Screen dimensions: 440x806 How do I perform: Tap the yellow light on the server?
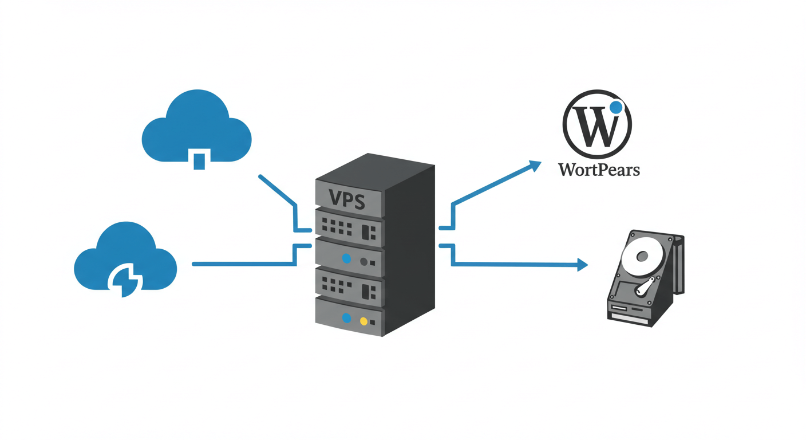tap(364, 321)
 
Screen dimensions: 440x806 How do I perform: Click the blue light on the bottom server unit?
tap(346, 318)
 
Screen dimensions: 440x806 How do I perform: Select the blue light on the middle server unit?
tap(346, 258)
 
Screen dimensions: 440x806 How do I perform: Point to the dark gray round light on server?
tap(364, 262)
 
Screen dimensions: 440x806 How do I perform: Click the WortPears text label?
tap(599, 170)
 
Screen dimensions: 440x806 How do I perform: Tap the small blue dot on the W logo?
tap(615, 107)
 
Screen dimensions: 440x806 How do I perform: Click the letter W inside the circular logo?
tap(595, 127)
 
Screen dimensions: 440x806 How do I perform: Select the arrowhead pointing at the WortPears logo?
tap(535, 166)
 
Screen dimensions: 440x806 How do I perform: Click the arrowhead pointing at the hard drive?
tap(582, 265)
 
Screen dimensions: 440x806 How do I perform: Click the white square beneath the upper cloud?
tap(199, 159)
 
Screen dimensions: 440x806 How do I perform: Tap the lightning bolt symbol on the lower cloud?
tap(124, 280)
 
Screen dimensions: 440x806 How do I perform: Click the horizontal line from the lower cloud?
tap(240, 264)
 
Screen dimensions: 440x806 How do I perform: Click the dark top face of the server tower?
tap(376, 168)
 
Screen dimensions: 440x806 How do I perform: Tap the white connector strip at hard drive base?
tap(629, 318)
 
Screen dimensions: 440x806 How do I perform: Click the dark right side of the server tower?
tap(409, 252)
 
